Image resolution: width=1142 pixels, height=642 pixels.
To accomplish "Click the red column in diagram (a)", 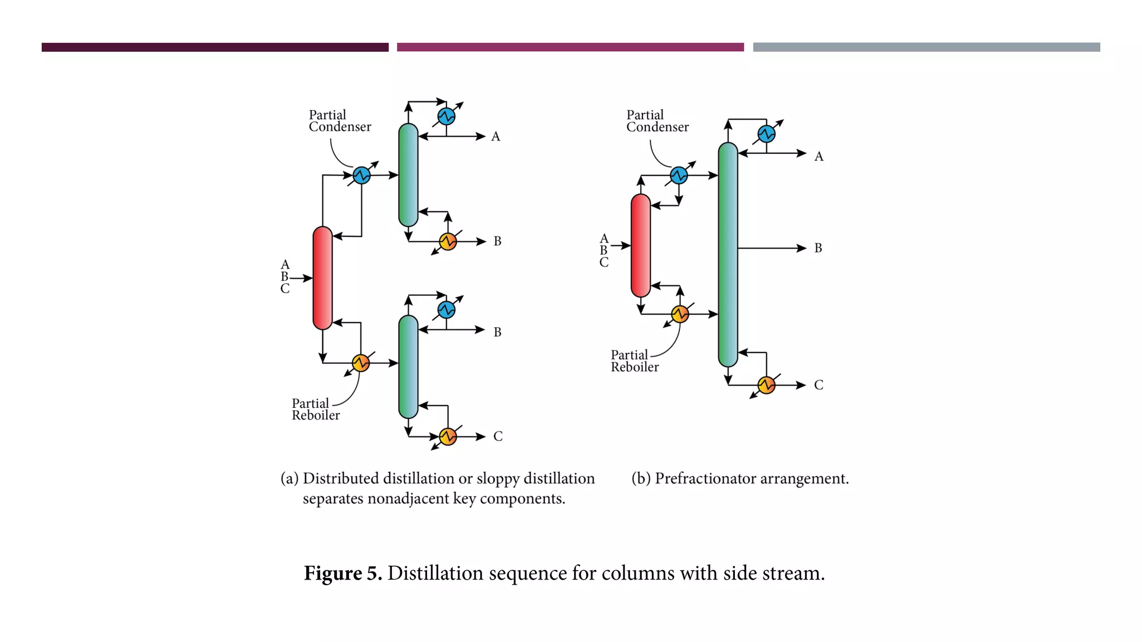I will [322, 278].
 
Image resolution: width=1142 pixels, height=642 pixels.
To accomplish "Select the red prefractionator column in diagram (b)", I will [641, 245].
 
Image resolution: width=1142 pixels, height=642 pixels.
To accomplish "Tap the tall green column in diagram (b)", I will [728, 254].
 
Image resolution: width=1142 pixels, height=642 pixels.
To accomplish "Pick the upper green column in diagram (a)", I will [408, 175].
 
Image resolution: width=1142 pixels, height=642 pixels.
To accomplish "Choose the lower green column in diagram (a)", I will [408, 367].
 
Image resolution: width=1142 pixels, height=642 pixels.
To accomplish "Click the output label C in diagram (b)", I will [818, 385].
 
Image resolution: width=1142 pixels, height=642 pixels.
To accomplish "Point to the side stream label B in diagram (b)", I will [818, 248].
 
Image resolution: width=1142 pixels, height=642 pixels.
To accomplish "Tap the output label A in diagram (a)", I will [495, 137].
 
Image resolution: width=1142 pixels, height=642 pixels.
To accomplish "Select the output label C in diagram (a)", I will [497, 436].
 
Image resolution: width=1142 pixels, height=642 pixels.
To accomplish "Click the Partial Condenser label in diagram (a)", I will [340, 121].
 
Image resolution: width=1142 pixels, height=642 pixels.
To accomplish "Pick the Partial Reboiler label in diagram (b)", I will [635, 361].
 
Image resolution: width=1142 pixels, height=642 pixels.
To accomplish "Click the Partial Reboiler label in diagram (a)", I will [315, 410].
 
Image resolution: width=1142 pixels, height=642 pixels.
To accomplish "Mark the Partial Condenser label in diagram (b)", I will [657, 121].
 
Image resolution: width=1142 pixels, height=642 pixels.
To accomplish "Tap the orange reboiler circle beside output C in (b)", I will [766, 385].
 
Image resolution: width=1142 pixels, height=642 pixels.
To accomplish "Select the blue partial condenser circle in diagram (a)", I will [361, 175].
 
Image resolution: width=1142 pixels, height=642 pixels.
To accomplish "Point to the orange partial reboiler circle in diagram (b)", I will [680, 314].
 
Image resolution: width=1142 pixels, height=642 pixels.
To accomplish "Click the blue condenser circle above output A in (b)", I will [766, 134].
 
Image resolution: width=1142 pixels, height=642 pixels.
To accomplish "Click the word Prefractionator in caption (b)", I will [705, 479].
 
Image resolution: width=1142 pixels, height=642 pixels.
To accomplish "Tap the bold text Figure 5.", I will [342, 573].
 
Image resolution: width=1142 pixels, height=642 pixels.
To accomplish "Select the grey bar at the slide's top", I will [926, 47].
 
